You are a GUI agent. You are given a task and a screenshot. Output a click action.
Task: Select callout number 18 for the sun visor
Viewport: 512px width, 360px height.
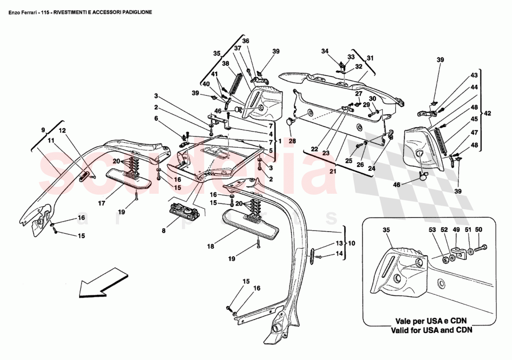coord(211,246)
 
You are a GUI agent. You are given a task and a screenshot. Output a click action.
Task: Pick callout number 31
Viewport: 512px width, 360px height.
coord(370,58)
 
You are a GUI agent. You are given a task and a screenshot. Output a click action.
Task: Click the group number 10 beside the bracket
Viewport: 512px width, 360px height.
coord(351,243)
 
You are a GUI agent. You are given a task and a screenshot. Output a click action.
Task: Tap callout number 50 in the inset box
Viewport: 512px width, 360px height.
coord(479,230)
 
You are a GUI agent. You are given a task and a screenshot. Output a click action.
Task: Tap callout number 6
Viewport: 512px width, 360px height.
coord(156,119)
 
